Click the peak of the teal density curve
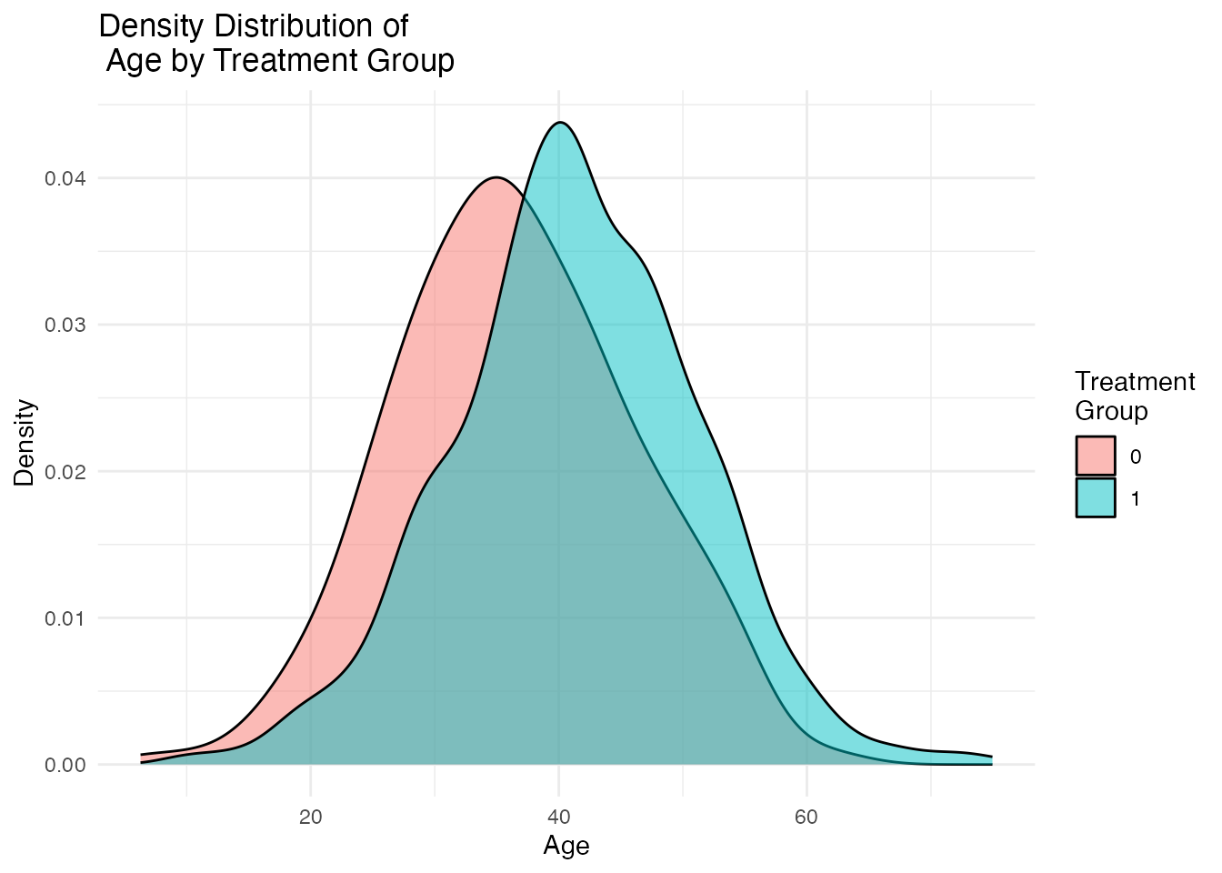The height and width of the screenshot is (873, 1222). tap(561, 123)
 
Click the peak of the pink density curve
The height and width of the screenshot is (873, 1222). tap(496, 177)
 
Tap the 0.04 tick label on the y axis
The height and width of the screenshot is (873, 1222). tap(65, 178)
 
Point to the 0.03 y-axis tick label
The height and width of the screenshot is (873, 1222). tap(65, 325)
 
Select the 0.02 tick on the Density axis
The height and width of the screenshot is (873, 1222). tap(65, 472)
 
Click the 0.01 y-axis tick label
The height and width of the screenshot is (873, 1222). tap(65, 618)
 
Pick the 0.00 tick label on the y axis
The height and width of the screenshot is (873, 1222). tap(65, 765)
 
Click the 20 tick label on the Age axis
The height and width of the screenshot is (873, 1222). tap(311, 818)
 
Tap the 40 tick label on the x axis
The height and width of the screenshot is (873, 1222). tap(558, 818)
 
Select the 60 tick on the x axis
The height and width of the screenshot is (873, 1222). tap(806, 818)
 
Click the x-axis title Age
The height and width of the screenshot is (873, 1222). tap(566, 847)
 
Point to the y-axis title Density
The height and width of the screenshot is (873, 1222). tap(25, 443)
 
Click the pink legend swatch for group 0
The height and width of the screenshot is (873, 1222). tap(1096, 456)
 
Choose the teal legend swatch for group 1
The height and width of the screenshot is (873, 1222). tap(1096, 497)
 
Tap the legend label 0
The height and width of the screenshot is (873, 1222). tap(1136, 457)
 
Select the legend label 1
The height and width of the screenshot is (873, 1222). tap(1136, 498)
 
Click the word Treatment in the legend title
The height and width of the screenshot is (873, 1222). tap(1135, 382)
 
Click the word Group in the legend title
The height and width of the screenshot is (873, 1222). tap(1111, 411)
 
